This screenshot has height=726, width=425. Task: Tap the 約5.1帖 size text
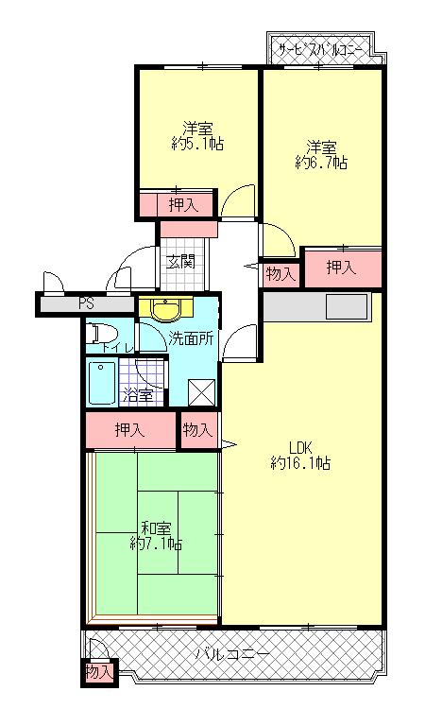[x=197, y=145]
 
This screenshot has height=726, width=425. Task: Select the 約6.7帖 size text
[x=321, y=163]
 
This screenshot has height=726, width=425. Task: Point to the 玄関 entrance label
[x=180, y=260]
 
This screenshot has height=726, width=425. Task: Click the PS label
[x=86, y=304]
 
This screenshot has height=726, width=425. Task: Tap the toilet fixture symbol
[x=101, y=334]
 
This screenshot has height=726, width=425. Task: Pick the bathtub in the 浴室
[x=102, y=382]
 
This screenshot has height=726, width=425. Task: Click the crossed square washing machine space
[x=202, y=391]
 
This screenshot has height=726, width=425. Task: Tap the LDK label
[x=300, y=447]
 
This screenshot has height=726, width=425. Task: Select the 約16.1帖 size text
[x=300, y=463]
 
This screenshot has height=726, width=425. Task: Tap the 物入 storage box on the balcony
[x=98, y=672]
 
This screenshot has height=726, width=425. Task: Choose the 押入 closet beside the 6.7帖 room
[x=342, y=268]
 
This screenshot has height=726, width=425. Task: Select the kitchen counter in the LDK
[x=315, y=306]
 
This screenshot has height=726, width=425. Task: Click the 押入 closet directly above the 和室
[x=131, y=430]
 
